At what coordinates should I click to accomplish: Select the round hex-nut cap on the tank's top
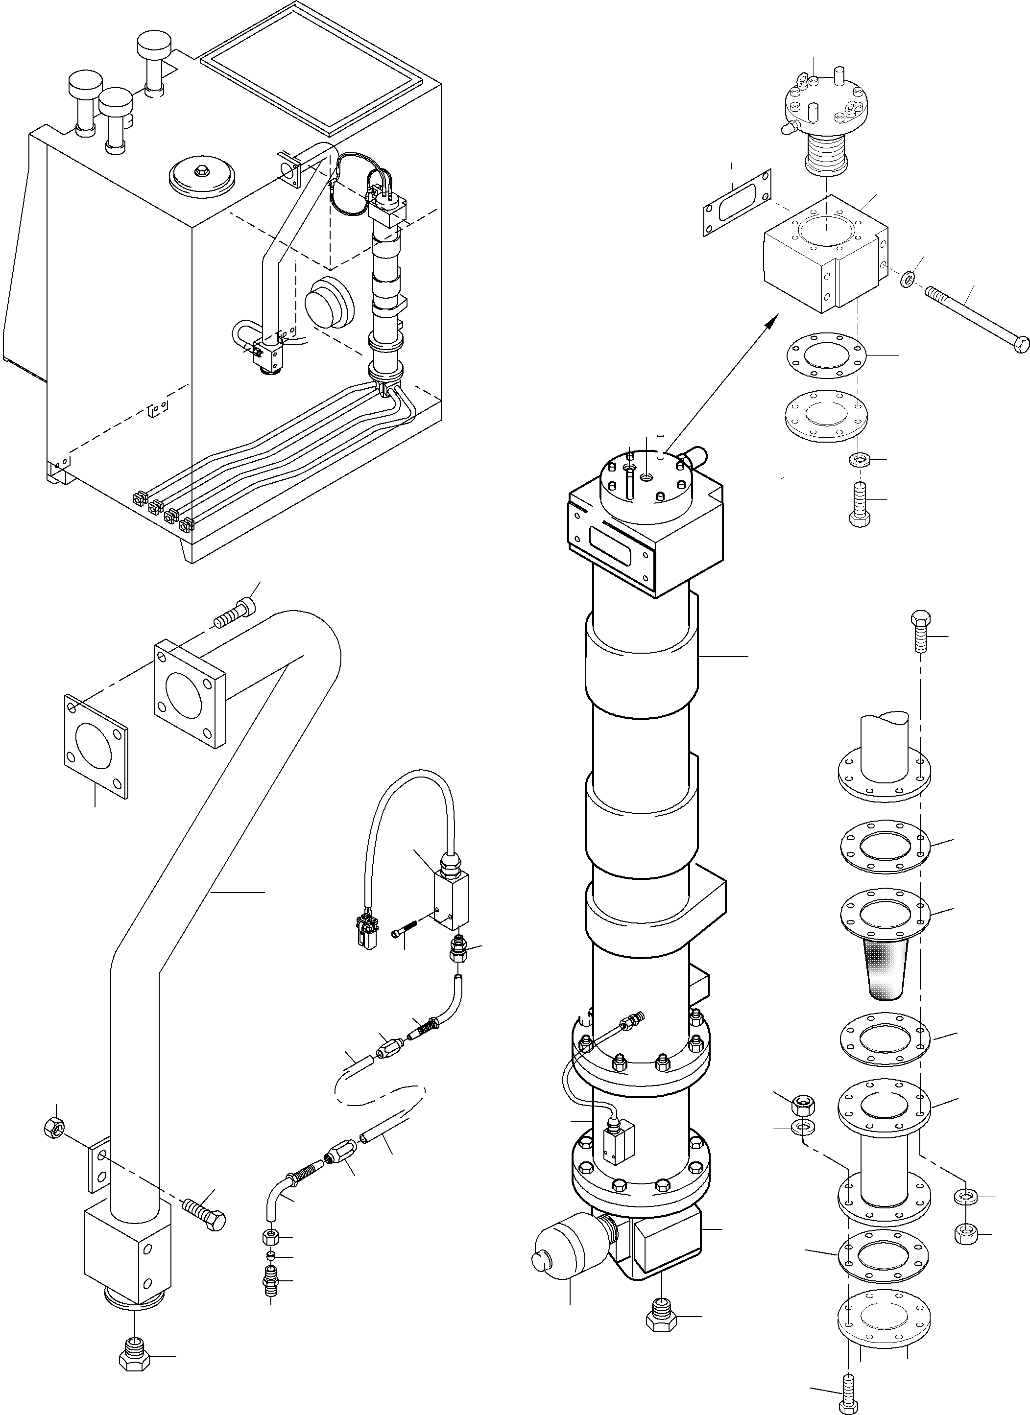[x=202, y=176]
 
